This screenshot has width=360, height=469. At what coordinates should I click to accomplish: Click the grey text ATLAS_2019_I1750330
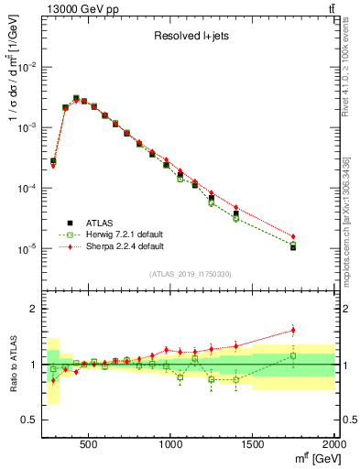[x=189, y=274]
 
